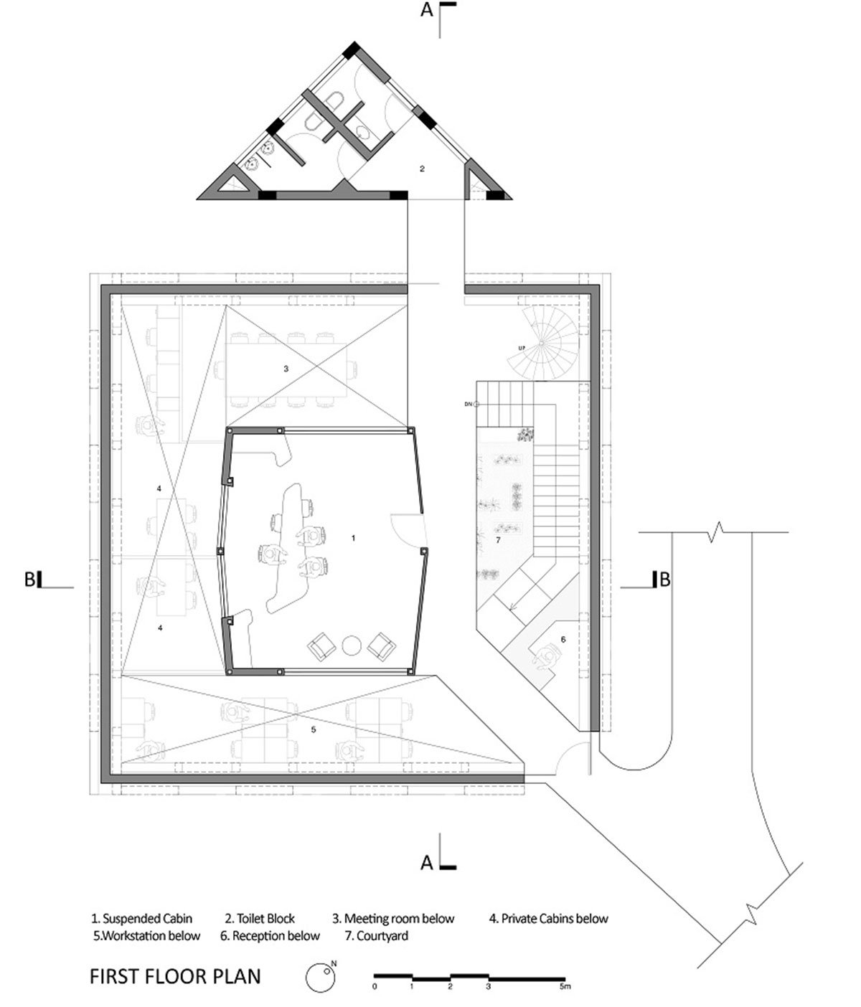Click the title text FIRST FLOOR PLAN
coord(175,976)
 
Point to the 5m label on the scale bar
coord(565,986)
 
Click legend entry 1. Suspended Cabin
coord(142,918)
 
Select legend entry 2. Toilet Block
coord(260,918)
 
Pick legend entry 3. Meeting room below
coord(393,918)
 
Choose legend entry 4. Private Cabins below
coord(549,918)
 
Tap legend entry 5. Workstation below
coord(146,935)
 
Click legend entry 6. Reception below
coord(270,935)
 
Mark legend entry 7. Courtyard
coord(376,935)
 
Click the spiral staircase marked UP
coord(542,342)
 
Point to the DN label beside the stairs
coord(468,404)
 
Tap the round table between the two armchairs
coord(351,646)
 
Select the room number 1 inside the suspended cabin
coord(353,538)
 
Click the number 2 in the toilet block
coord(422,169)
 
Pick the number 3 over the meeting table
coord(286,369)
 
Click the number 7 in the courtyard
coord(498,540)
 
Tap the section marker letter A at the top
coord(427,9)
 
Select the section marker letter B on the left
coord(29,580)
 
